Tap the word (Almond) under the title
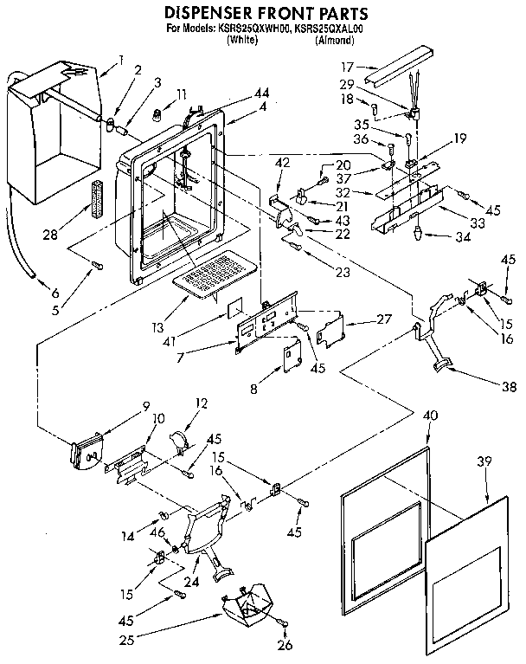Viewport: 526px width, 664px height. [x=331, y=40]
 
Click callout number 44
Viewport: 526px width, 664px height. [x=238, y=93]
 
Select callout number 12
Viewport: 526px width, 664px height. [x=201, y=403]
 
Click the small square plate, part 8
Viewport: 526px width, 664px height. [x=290, y=356]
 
